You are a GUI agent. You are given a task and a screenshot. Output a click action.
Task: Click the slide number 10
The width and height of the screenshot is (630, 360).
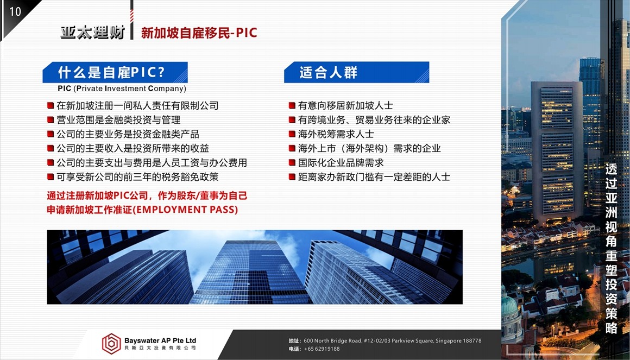pyautogui.click(x=15, y=11)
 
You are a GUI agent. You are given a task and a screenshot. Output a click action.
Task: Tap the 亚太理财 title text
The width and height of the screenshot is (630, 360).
pyautogui.click(x=93, y=33)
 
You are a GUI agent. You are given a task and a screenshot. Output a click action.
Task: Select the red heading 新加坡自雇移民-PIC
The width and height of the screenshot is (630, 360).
pyautogui.click(x=199, y=33)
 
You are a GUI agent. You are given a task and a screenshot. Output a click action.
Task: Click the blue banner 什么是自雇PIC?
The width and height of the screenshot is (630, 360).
pyautogui.click(x=115, y=72)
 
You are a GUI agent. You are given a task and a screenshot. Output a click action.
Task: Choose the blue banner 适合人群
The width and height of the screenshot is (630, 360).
pyautogui.click(x=356, y=72)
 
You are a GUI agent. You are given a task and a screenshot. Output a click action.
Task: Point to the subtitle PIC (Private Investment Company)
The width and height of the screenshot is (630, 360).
pyautogui.click(x=122, y=89)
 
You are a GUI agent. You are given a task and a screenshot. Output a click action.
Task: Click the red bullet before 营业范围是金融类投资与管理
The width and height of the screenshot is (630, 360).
pyautogui.click(x=50, y=120)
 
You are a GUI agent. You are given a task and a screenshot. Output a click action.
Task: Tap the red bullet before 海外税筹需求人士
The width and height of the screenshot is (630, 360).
pyautogui.click(x=292, y=134)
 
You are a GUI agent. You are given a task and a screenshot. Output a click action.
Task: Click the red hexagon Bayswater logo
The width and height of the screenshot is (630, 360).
pyautogui.click(x=111, y=344)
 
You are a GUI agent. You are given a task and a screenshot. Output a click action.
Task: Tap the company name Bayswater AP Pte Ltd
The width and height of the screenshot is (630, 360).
pyautogui.click(x=160, y=340)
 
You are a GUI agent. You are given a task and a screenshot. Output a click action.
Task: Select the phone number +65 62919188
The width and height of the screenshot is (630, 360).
pyautogui.click(x=322, y=349)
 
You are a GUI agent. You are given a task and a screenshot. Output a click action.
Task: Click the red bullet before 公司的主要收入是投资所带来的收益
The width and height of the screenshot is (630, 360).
pyautogui.click(x=50, y=148)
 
